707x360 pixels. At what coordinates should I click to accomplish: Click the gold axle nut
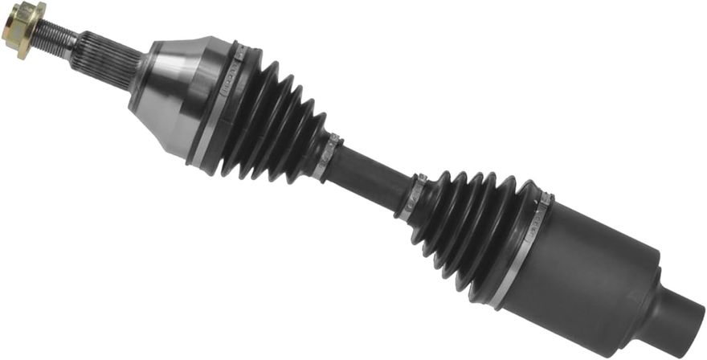[x=23, y=28]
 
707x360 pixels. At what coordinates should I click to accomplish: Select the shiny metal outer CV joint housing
[x=177, y=92]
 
